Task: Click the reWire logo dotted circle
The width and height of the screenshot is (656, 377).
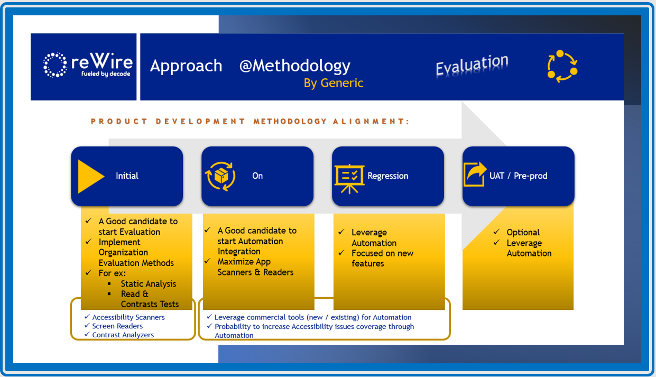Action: pyautogui.click(x=55, y=65)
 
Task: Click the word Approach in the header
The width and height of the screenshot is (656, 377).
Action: pyautogui.click(x=186, y=66)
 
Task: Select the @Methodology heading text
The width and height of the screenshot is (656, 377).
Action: pyautogui.click(x=294, y=66)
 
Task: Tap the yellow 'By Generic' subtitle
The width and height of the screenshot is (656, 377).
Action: pyautogui.click(x=334, y=83)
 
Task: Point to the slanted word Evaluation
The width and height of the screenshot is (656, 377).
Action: pyautogui.click(x=472, y=66)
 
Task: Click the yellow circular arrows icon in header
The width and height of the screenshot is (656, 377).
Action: pyautogui.click(x=562, y=67)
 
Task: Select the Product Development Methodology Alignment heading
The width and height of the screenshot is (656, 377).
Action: pyautogui.click(x=250, y=121)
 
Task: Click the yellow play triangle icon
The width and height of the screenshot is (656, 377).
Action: pyautogui.click(x=90, y=176)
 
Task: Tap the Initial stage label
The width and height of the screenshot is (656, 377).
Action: pyautogui.click(x=127, y=176)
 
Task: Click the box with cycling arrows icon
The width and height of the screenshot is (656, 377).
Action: pyautogui.click(x=220, y=176)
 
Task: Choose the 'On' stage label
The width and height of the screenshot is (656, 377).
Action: pyautogui.click(x=257, y=176)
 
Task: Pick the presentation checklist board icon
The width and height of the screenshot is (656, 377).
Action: pyautogui.click(x=349, y=176)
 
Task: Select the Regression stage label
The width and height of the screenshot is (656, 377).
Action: pyautogui.click(x=388, y=176)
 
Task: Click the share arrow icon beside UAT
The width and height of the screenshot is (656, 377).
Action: pyautogui.click(x=475, y=174)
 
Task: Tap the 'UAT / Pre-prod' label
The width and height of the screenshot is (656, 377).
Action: pyautogui.click(x=518, y=176)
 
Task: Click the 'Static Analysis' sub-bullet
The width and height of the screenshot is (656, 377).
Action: pyautogui.click(x=148, y=284)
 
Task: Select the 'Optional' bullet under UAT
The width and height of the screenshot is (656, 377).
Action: pyautogui.click(x=523, y=233)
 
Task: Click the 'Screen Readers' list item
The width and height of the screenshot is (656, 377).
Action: pyautogui.click(x=117, y=326)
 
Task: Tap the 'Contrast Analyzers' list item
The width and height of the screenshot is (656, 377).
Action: pyautogui.click(x=123, y=335)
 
